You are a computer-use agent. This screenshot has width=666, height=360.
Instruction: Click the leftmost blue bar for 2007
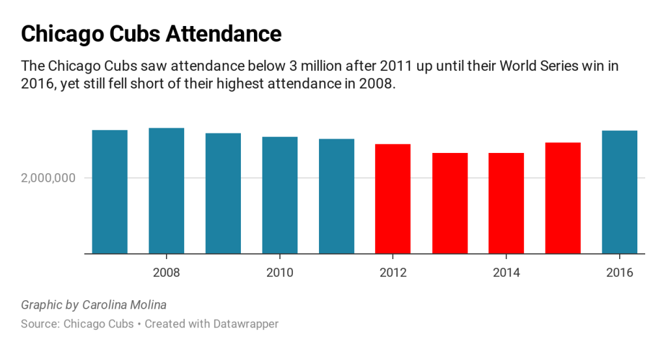point(110,192)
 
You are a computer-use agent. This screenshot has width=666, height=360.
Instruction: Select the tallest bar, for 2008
point(167,191)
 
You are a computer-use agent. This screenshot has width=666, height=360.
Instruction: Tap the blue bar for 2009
point(223,193)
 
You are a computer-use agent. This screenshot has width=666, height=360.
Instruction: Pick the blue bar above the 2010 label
point(280,195)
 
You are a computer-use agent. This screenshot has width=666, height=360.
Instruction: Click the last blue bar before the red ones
point(337,196)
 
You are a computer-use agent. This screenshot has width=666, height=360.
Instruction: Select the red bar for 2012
point(393,199)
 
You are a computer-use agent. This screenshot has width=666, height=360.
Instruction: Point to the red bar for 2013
point(450,203)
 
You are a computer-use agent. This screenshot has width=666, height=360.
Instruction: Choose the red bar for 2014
point(506,203)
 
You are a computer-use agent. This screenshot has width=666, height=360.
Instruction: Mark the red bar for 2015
point(563,198)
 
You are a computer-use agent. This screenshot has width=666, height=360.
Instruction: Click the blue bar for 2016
point(620,192)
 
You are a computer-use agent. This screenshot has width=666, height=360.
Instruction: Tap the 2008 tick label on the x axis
point(167,272)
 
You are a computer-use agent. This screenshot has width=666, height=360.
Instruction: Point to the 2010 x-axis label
point(280,272)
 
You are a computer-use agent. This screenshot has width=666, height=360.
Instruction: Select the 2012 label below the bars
point(393,272)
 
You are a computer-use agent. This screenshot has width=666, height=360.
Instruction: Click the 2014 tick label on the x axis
point(506,272)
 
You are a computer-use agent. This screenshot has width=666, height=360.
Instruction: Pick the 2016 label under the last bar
point(620,272)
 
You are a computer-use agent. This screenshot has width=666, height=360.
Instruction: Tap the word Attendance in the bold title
point(223,34)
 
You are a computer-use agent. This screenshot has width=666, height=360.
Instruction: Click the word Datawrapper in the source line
point(245,324)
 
